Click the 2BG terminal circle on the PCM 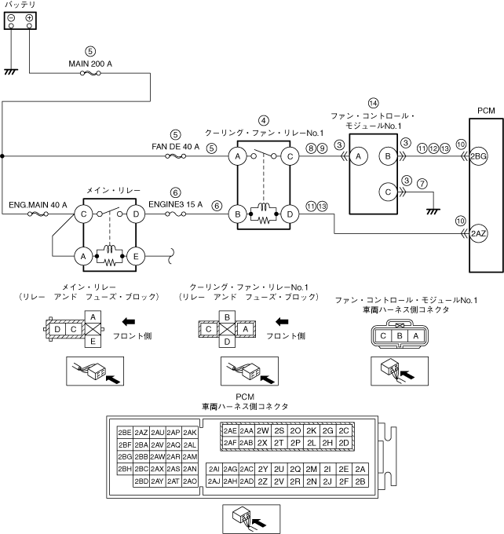tap(479, 157)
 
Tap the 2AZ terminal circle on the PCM tap(479, 233)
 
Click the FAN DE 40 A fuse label tap(176, 145)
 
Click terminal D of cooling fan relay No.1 tap(290, 213)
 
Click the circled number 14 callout tap(373, 103)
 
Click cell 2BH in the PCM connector tap(124, 469)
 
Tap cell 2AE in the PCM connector tap(229, 430)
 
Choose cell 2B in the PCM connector tap(360, 481)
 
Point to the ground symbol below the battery tap(10, 71)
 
